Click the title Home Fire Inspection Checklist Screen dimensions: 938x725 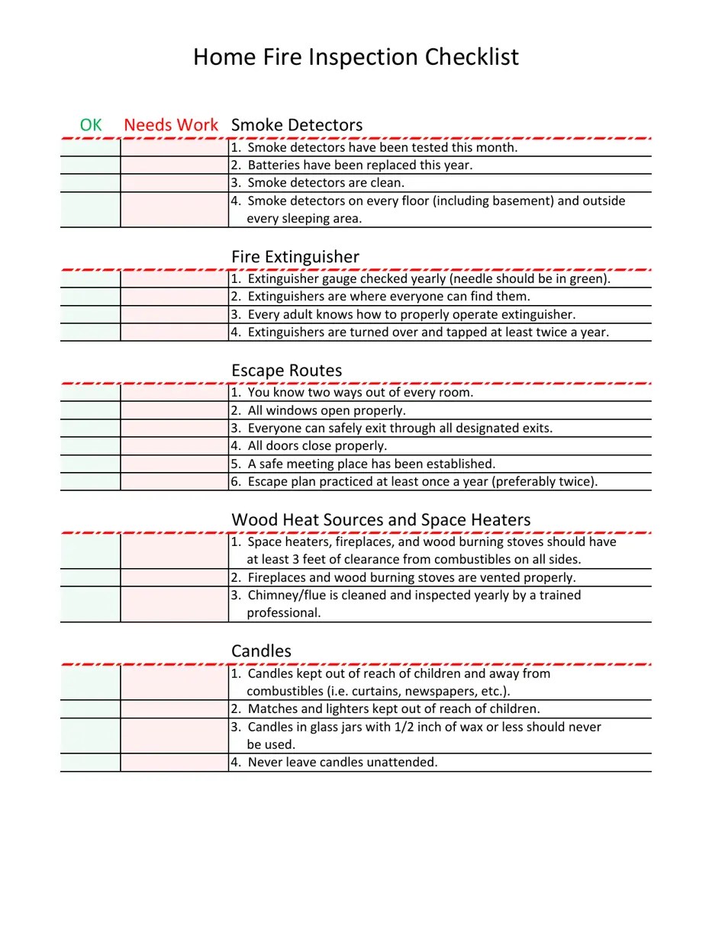coord(356,57)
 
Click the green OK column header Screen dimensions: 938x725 coord(91,125)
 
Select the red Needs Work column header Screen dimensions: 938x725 coord(171,125)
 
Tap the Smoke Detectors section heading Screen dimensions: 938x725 coord(297,125)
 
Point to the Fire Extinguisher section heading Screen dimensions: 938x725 coord(295,257)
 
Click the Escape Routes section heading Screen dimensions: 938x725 coord(286,371)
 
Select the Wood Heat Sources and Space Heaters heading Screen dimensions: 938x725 coord(381,520)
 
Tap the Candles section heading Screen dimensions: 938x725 coord(261,651)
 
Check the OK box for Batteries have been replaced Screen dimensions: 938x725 coord(91,165)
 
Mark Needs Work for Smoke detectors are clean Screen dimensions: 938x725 coord(174,183)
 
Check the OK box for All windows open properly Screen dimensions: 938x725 coord(91,411)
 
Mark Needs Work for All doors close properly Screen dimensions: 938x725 coord(174,446)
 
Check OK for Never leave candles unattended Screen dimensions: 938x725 coord(91,763)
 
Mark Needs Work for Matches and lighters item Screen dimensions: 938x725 coord(174,709)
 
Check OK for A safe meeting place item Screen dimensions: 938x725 coord(91,464)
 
